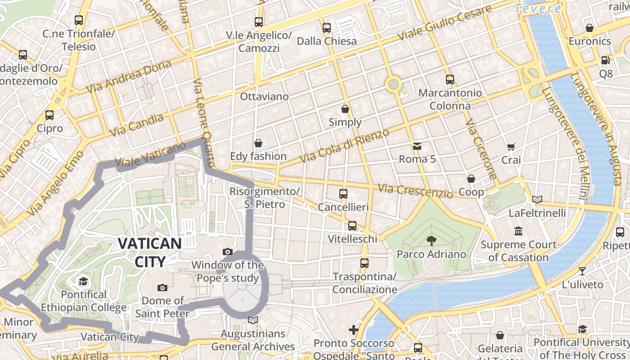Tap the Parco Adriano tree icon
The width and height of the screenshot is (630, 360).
coord(431,240)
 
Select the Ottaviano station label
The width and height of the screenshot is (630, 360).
coord(264,96)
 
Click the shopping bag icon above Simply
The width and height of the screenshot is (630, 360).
coord(345,109)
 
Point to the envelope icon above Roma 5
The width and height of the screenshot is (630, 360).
coord(417,146)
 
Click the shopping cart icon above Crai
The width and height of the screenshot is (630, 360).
coord(511,147)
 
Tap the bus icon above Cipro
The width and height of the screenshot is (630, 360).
coord(49,115)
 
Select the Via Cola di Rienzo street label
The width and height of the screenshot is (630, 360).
coord(344,146)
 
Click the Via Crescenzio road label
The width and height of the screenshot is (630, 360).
coord(415,191)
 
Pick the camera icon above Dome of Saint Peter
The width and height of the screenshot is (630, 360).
coord(162,288)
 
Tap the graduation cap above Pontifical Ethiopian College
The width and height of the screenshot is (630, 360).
coord(83,282)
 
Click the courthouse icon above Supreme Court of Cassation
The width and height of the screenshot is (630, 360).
coord(518,231)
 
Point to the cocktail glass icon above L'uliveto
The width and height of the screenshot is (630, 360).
coord(582,271)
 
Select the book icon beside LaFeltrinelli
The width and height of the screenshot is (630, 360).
coord(537,199)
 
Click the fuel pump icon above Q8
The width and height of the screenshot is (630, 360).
coord(605,60)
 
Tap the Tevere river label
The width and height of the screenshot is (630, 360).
coord(538,9)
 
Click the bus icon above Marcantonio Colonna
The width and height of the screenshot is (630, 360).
coord(450,80)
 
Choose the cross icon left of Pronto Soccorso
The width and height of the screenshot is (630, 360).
coord(354,330)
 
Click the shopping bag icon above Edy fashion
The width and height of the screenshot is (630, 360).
coord(258,143)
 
